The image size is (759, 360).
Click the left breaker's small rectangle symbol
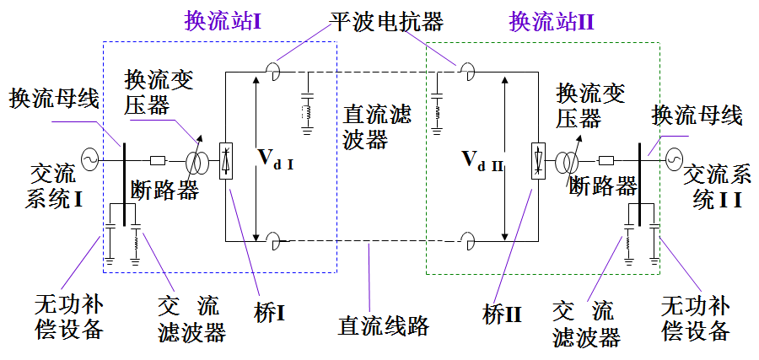pyautogui.click(x=157, y=159)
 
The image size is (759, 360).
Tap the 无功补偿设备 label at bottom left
pyautogui.click(x=69, y=317)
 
